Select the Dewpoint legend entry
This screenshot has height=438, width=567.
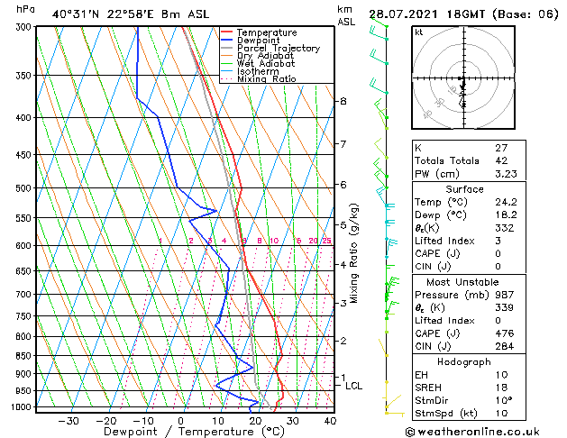point(260,41)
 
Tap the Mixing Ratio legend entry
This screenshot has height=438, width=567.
point(266,78)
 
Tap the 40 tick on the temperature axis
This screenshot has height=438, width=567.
point(330,420)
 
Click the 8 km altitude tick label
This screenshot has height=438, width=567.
point(343,101)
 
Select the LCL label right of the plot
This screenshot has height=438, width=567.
point(354,386)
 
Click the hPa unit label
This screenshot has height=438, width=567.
point(26,10)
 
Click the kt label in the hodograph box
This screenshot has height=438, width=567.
point(418,32)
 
